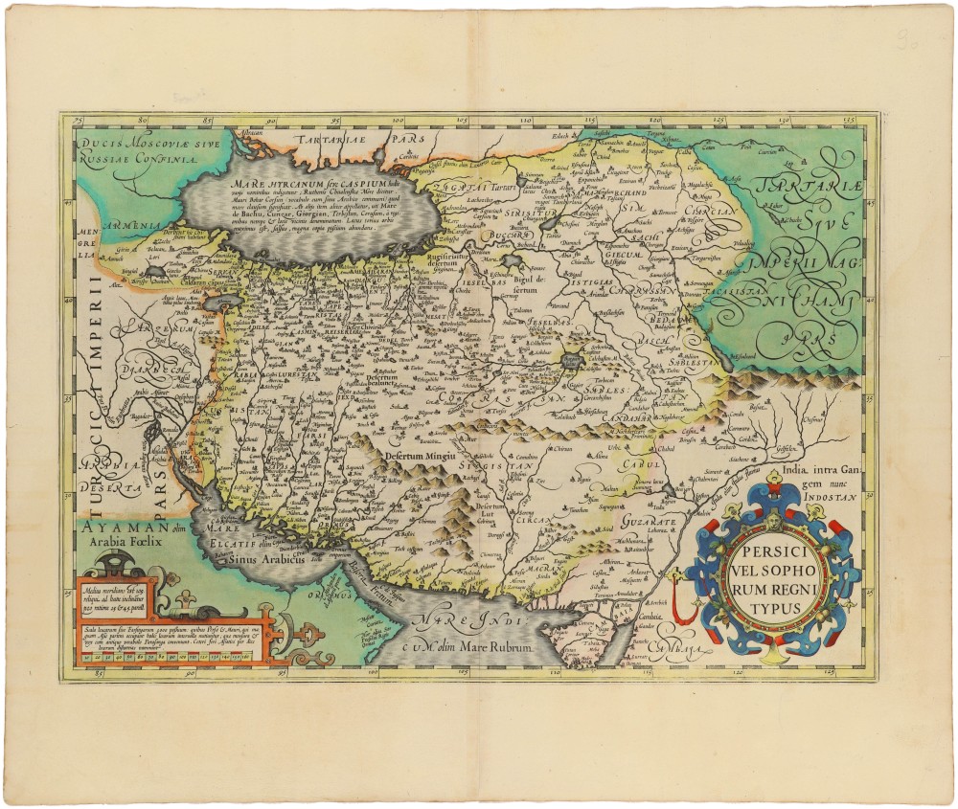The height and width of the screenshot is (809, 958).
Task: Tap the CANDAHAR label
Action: [627, 419]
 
